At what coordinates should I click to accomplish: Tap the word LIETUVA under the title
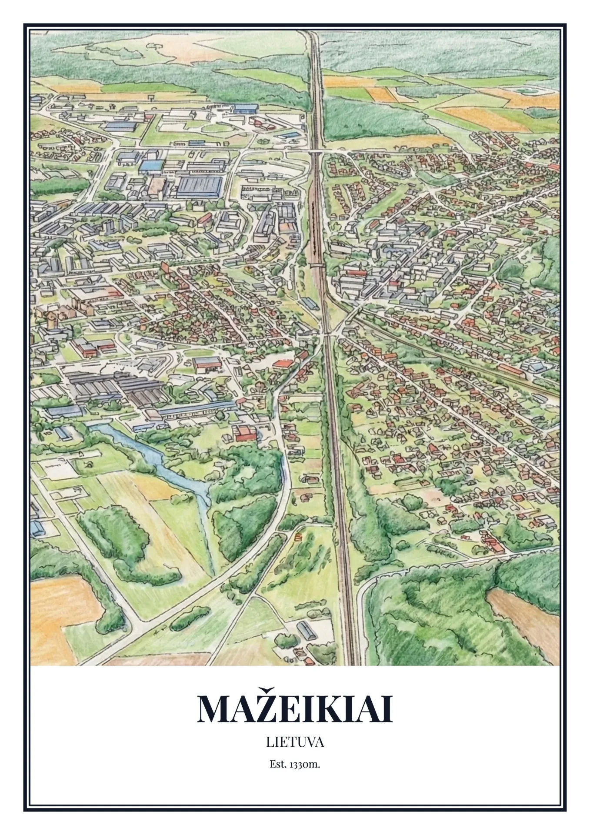[x=295, y=742]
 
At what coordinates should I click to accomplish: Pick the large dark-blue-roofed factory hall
[x=199, y=187]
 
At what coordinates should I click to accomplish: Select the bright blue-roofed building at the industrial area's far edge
[x=246, y=108]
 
